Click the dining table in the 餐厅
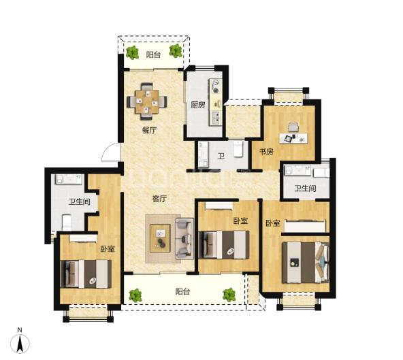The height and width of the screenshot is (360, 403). coord(147,101)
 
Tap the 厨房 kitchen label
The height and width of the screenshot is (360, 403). coord(197,105)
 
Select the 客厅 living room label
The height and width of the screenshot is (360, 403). coord(159,199)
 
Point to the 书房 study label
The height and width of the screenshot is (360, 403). coord(266,152)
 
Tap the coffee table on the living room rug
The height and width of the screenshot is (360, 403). coord(161,238)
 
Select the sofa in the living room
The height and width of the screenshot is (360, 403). coord(184,238)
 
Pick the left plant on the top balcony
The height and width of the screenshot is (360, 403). coord(132,52)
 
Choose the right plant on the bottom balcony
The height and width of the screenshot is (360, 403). coord(229,295)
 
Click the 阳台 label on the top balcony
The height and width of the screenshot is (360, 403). coord(153,54)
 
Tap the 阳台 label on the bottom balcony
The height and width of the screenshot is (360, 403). coord(182,291)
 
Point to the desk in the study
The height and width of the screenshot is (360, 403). coord(293,138)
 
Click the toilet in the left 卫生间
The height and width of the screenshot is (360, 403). coord(66,223)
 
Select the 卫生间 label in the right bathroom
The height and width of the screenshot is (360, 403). coord(305,189)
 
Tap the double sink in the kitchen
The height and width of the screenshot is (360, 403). coord(216,118)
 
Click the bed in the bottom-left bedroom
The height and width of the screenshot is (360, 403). coord(86,274)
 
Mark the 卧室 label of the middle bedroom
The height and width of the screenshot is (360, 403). coord(240,220)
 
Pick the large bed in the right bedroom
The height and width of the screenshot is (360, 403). coord(306,263)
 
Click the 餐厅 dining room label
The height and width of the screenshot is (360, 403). coord(149,130)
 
